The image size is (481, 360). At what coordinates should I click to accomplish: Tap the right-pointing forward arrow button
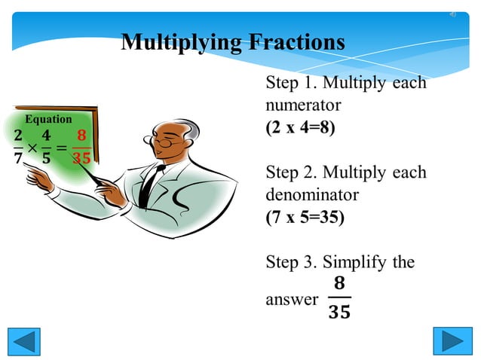452,341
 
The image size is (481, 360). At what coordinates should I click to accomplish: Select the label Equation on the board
48,119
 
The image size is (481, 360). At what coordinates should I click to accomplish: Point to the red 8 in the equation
81,136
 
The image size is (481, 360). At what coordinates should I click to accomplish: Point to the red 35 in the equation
81,158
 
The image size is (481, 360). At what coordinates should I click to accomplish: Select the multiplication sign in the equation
32,148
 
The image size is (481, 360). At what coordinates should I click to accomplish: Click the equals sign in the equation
62,148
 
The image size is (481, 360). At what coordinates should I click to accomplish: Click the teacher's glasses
167,139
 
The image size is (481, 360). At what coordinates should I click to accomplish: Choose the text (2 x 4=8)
300,127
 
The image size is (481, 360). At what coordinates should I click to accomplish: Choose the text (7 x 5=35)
305,218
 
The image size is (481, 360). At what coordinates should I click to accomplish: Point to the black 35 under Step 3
339,312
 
